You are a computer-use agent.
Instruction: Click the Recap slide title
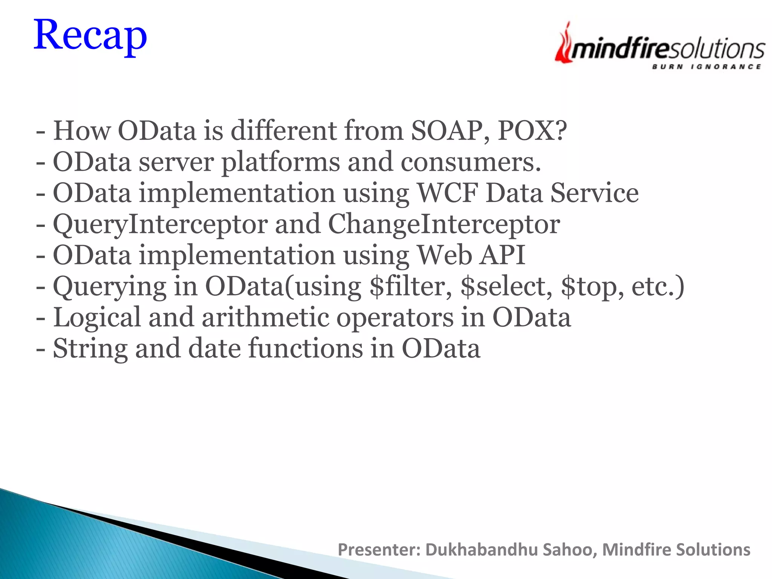tap(90, 36)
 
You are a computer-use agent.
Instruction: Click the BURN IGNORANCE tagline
tap(706, 67)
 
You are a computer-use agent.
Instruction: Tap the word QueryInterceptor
tap(160, 225)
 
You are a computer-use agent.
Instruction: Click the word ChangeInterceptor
tap(444, 225)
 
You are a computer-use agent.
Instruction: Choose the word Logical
tap(97, 318)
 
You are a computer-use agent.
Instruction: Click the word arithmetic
tap(265, 318)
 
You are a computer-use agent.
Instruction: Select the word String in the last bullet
tap(90, 349)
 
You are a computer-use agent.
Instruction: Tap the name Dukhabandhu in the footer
tap(481, 550)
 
